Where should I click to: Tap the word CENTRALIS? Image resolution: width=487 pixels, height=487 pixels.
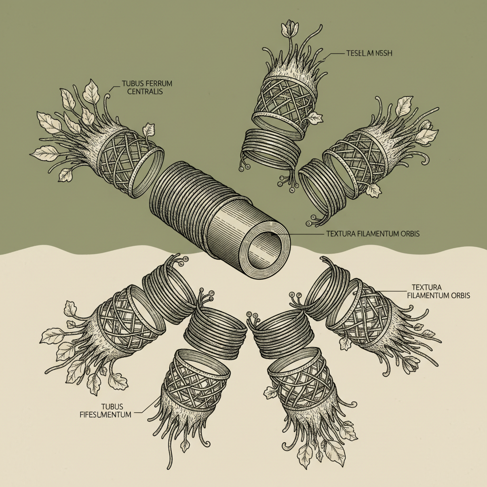[x=142, y=91]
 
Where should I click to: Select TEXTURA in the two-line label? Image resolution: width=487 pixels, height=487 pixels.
[x=423, y=288]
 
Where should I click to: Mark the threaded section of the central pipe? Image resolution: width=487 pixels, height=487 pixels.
[x=185, y=195]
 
